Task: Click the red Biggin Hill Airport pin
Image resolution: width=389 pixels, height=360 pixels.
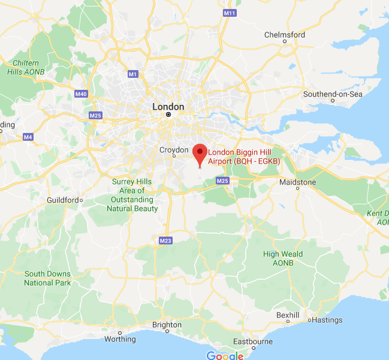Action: click(x=200, y=152)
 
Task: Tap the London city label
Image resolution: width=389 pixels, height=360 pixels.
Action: click(x=168, y=107)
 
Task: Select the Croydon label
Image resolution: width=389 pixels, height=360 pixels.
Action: click(x=173, y=150)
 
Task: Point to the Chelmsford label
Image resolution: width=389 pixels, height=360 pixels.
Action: click(x=285, y=35)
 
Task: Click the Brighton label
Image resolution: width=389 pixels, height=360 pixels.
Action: click(x=167, y=325)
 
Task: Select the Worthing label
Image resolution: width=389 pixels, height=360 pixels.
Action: click(x=120, y=339)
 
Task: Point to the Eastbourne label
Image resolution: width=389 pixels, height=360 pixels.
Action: click(x=253, y=341)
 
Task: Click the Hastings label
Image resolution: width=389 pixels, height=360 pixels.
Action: click(x=327, y=320)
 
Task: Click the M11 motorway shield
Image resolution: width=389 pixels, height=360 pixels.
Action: click(x=230, y=13)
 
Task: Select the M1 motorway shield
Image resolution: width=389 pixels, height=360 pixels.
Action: click(x=132, y=74)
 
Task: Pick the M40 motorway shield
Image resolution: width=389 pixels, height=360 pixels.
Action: click(x=81, y=94)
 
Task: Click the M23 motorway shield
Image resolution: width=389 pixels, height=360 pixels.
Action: click(x=165, y=240)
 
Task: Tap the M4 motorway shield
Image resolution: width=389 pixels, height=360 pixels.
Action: click(x=28, y=137)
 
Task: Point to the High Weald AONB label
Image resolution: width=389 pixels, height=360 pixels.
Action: click(x=283, y=258)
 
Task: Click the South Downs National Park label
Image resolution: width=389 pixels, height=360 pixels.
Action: click(x=47, y=279)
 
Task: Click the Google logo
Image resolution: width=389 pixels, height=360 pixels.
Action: click(x=225, y=355)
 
